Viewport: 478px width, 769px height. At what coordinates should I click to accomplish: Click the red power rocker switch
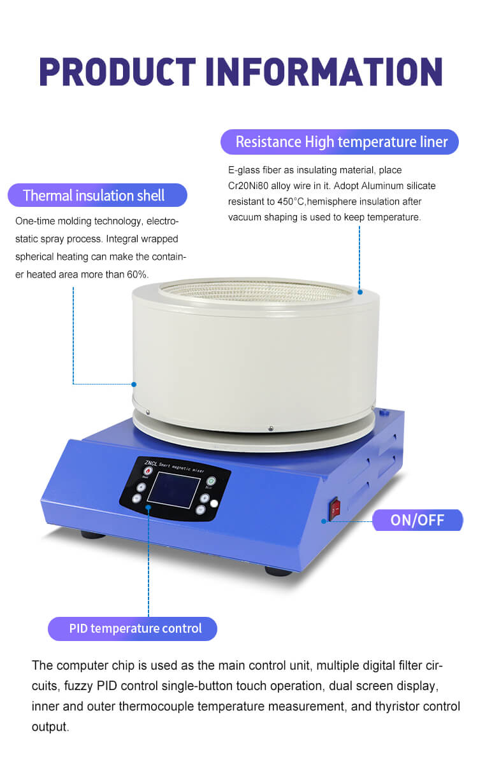[335, 509]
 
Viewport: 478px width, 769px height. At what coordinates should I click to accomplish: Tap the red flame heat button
[148, 471]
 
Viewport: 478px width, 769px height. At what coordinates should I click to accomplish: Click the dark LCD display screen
[174, 490]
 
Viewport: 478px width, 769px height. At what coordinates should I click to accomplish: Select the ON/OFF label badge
[417, 519]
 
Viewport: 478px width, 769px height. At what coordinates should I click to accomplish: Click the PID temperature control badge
[133, 628]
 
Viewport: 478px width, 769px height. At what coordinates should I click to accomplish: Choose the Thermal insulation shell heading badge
[98, 195]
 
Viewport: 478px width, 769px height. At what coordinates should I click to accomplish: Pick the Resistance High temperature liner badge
[340, 142]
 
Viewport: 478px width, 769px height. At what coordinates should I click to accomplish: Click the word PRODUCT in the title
[117, 72]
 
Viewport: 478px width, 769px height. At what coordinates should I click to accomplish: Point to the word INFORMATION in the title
[324, 72]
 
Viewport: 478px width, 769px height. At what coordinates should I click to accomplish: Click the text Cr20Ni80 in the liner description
[248, 186]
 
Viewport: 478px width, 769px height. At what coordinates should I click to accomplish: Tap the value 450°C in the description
[291, 202]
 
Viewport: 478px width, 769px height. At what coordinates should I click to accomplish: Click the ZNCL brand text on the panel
[151, 463]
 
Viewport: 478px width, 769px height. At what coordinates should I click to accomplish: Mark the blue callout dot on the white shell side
[134, 384]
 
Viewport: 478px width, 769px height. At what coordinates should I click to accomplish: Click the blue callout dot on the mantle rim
[360, 292]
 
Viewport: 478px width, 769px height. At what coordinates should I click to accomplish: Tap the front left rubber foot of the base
[93, 535]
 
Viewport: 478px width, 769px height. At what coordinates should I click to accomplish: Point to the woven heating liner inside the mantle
[256, 291]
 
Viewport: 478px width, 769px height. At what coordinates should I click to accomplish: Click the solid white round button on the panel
[214, 504]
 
